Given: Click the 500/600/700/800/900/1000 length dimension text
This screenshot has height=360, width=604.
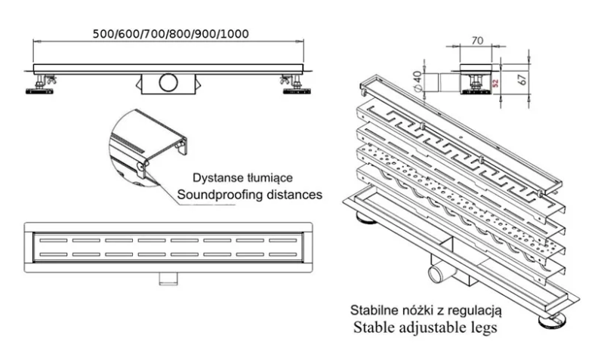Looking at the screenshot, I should pos(170,33).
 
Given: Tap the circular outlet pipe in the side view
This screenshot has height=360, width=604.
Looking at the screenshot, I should pos(167,81).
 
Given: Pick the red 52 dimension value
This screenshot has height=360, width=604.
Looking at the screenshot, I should pos(497,81).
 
